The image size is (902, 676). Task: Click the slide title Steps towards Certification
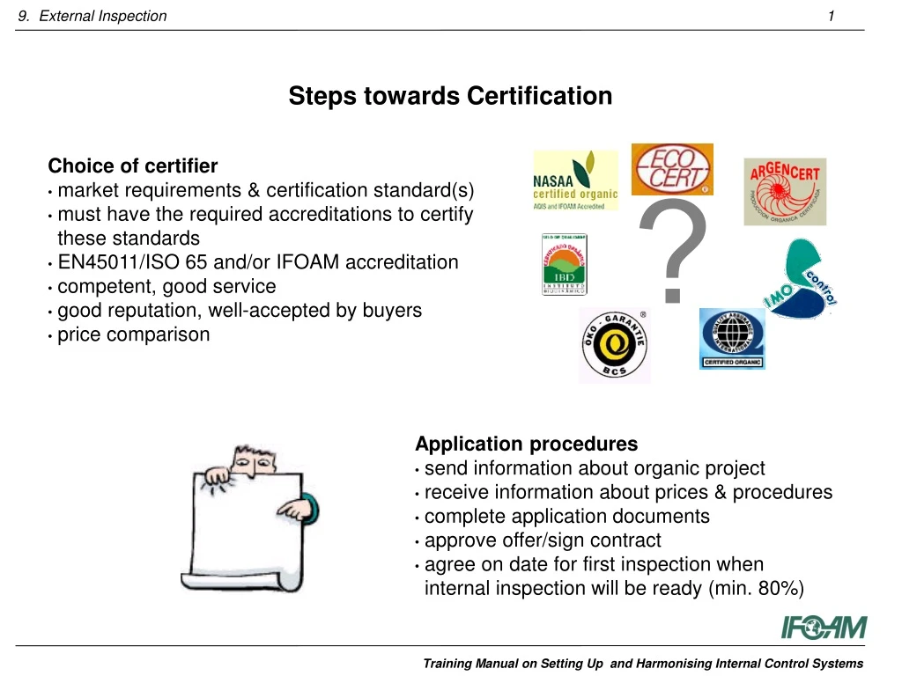pyautogui.click(x=450, y=96)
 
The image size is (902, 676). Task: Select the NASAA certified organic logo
pyautogui.click(x=575, y=180)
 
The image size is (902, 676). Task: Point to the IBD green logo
pyautogui.click(x=564, y=264)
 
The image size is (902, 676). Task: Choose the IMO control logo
pyautogui.click(x=798, y=280)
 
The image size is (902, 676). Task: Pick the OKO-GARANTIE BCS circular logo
pyautogui.click(x=614, y=345)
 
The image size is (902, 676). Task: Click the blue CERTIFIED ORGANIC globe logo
pyautogui.click(x=732, y=339)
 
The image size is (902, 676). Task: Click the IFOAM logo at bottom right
pyautogui.click(x=824, y=628)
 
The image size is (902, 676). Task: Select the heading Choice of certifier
pyautogui.click(x=133, y=166)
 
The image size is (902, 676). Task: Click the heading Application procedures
pyautogui.click(x=526, y=444)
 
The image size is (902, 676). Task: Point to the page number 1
pyautogui.click(x=832, y=16)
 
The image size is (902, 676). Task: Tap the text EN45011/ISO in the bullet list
pyautogui.click(x=114, y=262)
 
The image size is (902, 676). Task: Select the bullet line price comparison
pyautogui.click(x=134, y=334)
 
